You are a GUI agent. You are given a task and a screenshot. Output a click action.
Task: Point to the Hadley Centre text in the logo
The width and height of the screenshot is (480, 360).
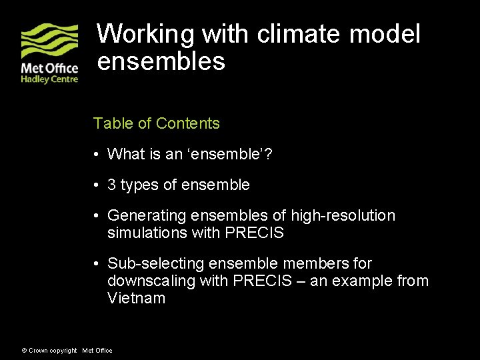[49, 79]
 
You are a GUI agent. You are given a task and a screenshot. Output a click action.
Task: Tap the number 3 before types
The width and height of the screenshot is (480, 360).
[111, 185]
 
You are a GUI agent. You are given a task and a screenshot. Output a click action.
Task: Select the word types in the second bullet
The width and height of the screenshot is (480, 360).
[139, 185]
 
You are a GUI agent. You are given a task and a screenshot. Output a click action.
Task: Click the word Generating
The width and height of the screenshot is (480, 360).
[147, 216]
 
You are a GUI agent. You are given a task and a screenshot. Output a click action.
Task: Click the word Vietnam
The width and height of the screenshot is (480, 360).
[136, 298]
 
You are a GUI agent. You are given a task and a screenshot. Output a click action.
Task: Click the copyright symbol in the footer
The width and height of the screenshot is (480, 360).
[24, 351]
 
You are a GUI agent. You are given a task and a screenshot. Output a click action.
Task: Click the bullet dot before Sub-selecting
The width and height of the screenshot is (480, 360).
[97, 264]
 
